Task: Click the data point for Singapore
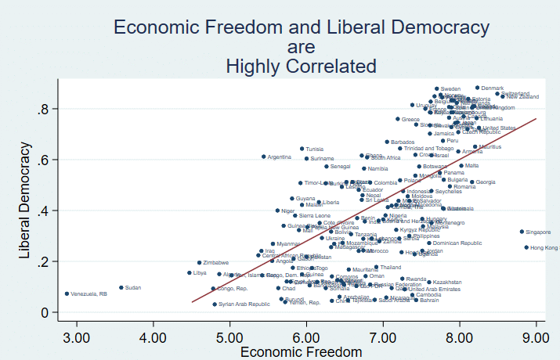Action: pos(521,232)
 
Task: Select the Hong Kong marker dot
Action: pos(526,247)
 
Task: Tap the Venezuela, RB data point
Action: pos(67,293)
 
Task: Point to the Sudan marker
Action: pos(121,288)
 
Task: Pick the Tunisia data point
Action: pos(302,149)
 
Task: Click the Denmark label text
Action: pos(493,88)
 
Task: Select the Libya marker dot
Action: pos(190,273)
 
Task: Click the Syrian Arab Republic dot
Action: pos(215,304)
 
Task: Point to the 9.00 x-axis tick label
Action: pos(537,337)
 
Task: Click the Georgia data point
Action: pos(471,182)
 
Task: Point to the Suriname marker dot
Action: pos(306,158)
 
